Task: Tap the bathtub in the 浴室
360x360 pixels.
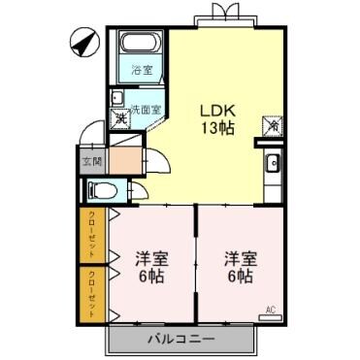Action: click(137, 46)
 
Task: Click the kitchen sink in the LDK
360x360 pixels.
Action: click(273, 162)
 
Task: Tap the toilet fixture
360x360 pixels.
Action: click(101, 189)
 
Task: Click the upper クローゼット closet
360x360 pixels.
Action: click(92, 234)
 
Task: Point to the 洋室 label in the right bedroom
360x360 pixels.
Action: click(240, 258)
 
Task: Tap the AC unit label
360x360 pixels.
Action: click(270, 310)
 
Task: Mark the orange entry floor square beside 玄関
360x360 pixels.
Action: click(122, 158)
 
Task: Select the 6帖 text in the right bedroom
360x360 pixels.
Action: click(240, 277)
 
